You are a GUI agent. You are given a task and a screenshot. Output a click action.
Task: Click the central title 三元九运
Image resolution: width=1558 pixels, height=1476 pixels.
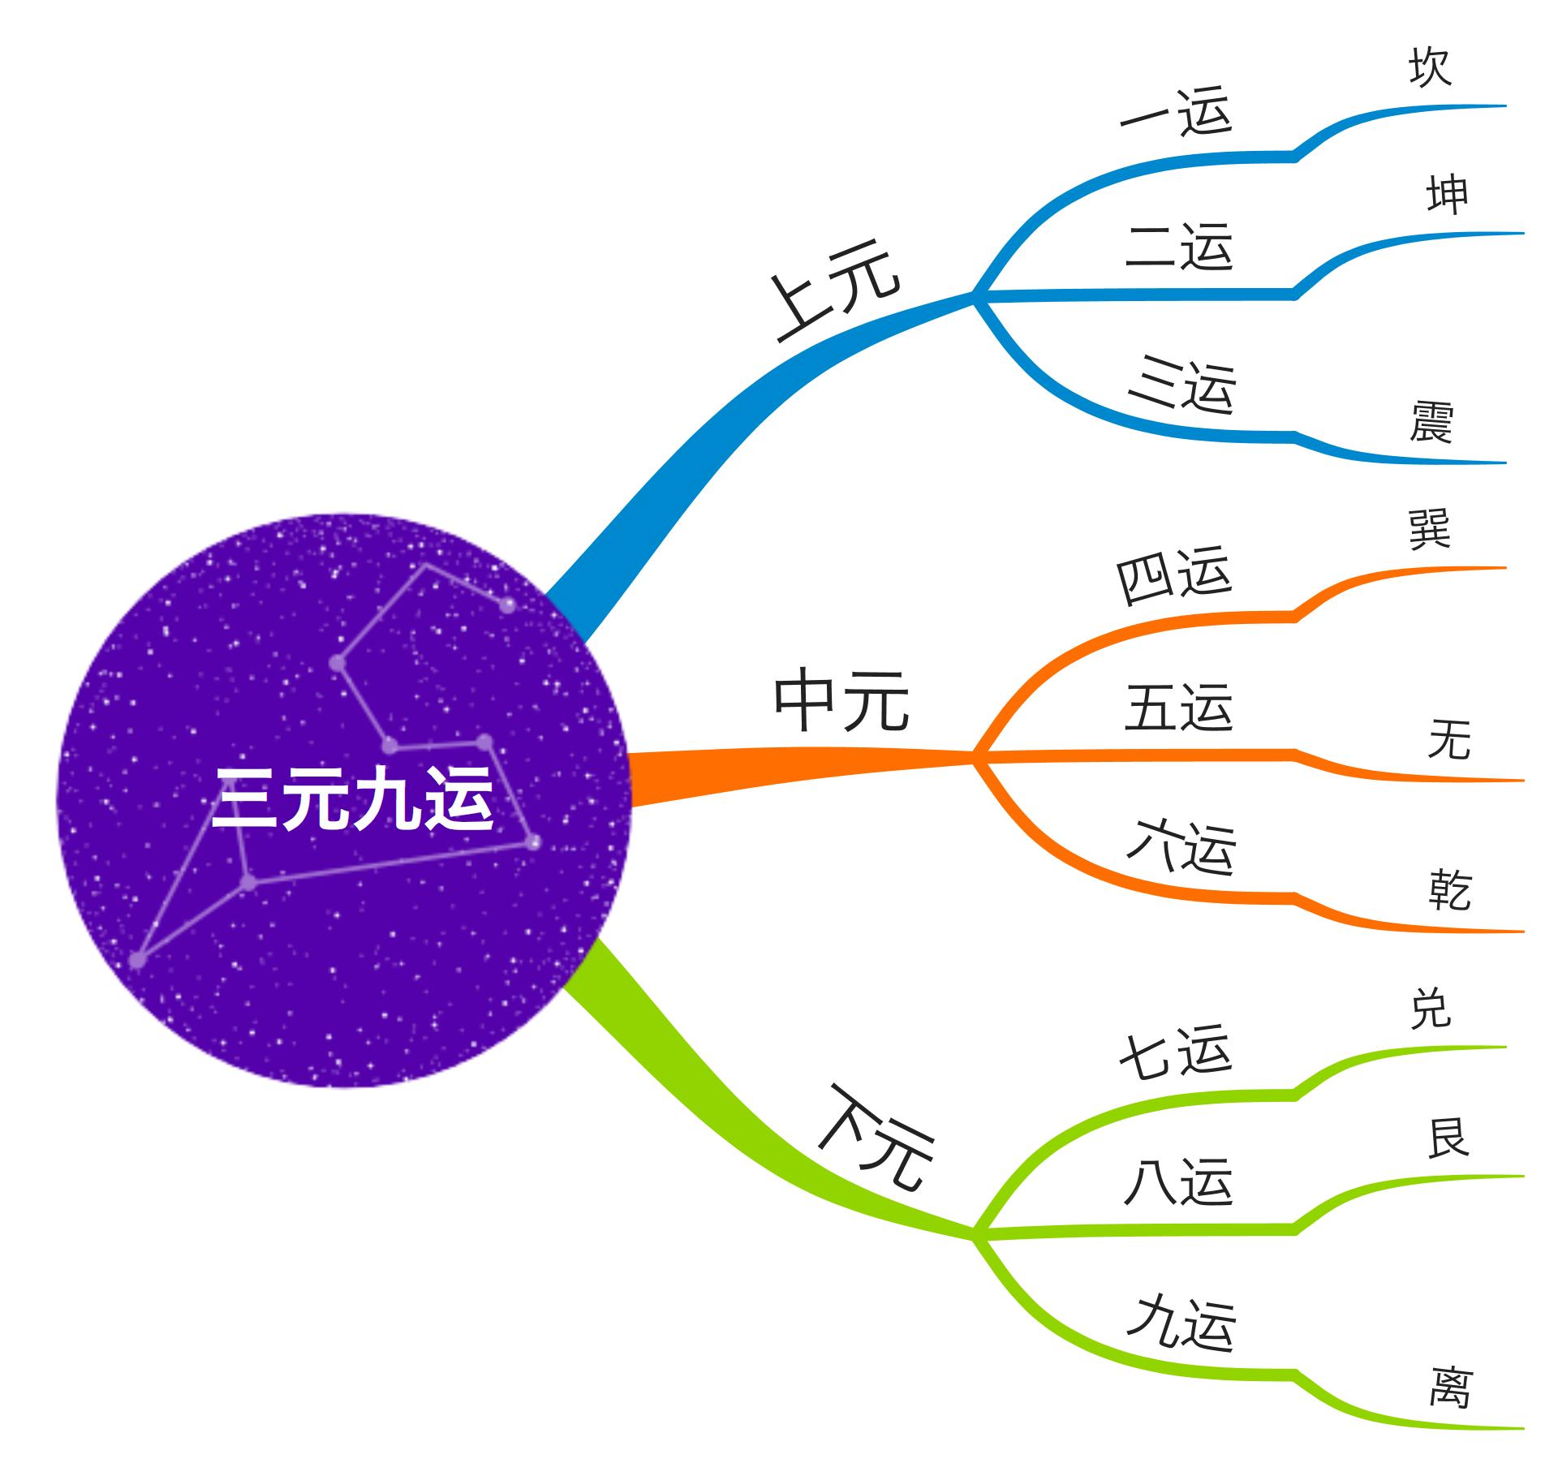(352, 798)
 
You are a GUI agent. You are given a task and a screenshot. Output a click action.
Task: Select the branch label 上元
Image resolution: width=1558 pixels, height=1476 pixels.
(836, 289)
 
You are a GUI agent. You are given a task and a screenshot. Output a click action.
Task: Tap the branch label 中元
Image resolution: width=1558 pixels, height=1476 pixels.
(841, 701)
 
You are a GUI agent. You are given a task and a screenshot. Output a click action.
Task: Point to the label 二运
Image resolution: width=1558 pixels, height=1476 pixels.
(1179, 246)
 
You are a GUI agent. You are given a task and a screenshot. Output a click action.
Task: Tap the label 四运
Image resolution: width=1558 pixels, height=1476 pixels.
(1174, 574)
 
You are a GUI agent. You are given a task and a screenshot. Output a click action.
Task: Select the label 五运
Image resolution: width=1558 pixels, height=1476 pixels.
(1179, 708)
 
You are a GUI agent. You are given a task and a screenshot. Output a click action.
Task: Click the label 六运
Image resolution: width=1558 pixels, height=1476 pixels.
(1181, 847)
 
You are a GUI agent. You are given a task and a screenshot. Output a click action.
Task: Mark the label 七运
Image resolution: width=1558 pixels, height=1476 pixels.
(1176, 1053)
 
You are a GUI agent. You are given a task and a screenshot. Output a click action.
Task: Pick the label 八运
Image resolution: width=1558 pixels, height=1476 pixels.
(1179, 1182)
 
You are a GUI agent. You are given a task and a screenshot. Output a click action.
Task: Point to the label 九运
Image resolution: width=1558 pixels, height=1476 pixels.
(1181, 1324)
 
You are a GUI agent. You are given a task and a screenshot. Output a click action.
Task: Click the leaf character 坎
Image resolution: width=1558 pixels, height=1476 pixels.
(1430, 67)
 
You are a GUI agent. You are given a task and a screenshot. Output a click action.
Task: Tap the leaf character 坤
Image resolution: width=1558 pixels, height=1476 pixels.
(1448, 195)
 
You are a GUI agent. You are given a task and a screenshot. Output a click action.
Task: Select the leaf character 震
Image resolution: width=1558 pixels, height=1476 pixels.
(1431, 422)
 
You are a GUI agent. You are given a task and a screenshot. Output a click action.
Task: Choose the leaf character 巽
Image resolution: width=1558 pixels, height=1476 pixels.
(1430, 529)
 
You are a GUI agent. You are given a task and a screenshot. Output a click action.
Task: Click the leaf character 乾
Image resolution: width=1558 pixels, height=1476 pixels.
(1450, 890)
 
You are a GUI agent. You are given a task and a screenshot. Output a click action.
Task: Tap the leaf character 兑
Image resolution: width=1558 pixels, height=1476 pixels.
(1430, 1009)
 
